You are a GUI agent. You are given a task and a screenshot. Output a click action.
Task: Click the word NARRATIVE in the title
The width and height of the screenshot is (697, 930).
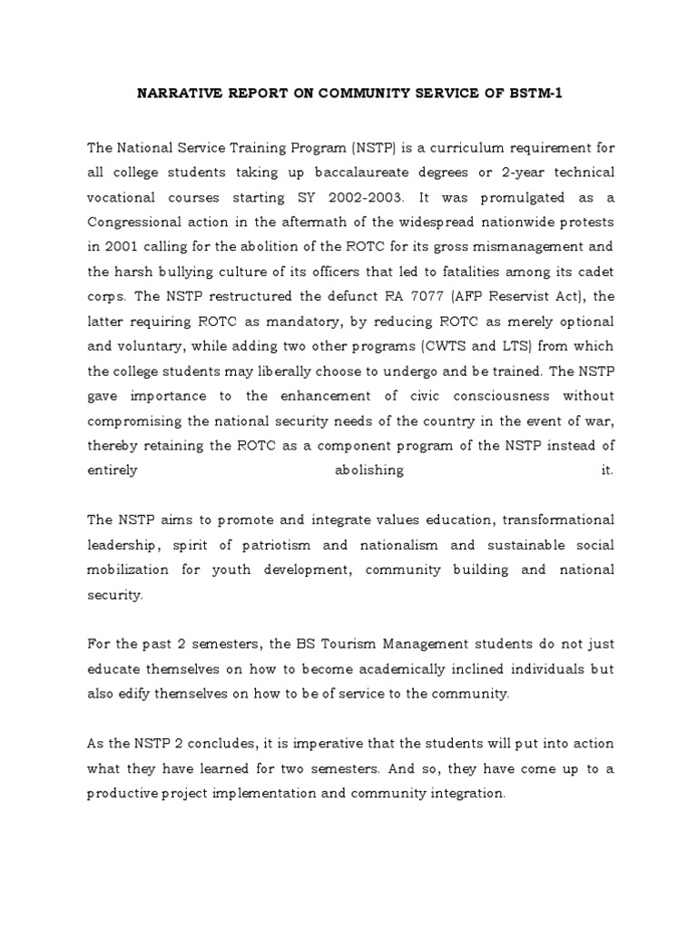point(174,93)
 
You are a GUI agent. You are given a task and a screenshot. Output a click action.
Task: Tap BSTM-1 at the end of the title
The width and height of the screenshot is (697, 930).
point(535,93)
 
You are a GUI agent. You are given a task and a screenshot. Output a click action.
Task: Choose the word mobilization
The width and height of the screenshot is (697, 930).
point(128,569)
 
